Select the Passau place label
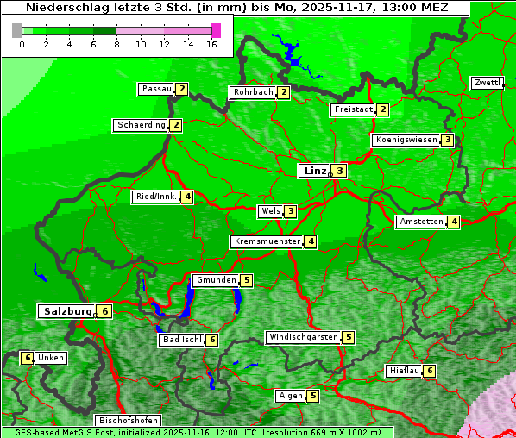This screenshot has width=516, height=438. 156,89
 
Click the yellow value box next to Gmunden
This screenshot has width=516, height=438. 247,280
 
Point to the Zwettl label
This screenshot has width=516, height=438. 487,83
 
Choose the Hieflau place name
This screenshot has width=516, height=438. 404,371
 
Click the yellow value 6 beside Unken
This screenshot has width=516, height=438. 28,358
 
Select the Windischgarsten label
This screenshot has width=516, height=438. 303,337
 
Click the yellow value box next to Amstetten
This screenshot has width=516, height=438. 454,222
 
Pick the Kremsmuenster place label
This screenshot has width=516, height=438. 267,241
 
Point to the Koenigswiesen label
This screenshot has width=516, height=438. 406,140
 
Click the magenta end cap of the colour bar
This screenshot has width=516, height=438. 216,30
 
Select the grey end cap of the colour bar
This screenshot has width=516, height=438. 17,30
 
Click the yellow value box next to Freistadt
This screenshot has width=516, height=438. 383,109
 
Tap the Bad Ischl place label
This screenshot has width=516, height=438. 181,340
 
